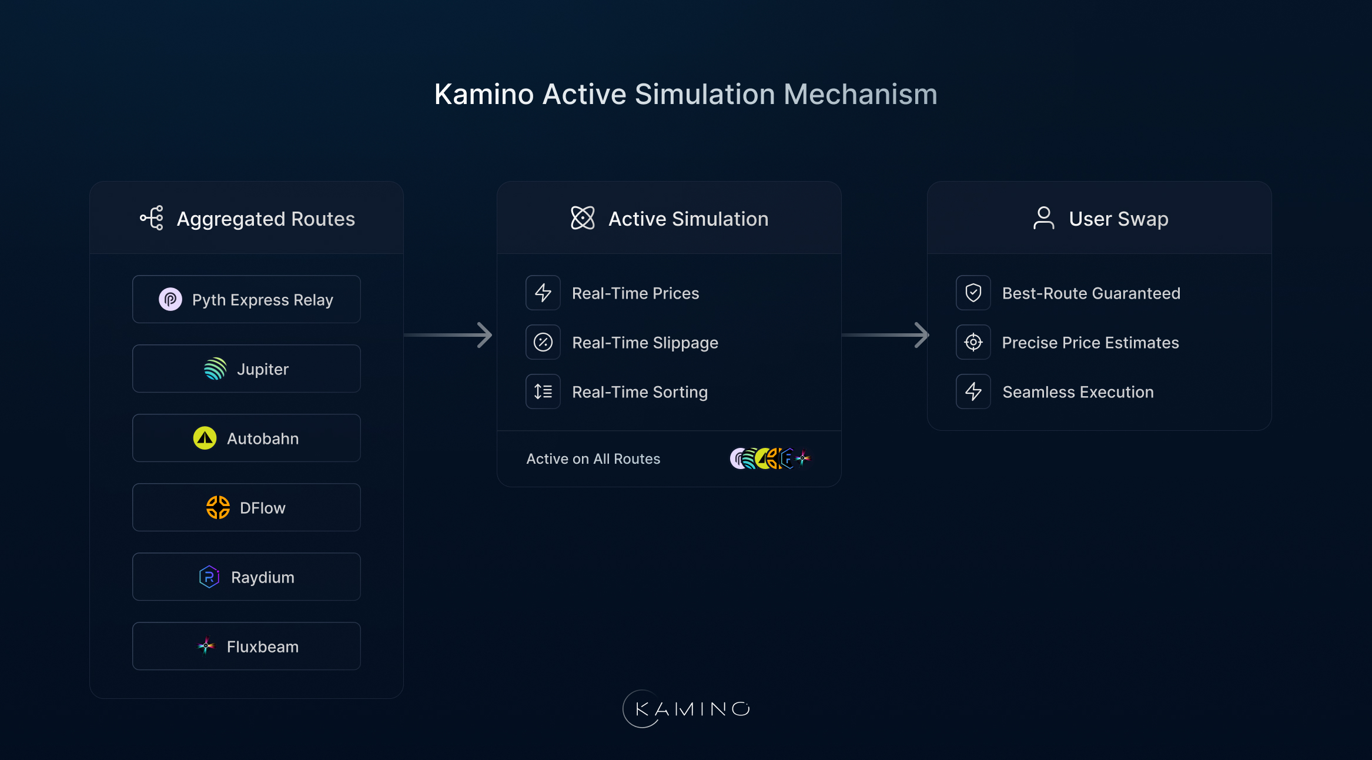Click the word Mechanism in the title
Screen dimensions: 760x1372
click(x=860, y=94)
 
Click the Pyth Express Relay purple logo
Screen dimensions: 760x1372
click(x=170, y=300)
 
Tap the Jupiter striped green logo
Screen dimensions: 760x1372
click(x=215, y=369)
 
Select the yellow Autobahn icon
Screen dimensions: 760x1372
click(x=205, y=438)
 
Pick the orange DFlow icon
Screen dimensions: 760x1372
click(x=217, y=507)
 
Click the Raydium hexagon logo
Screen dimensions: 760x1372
click(x=209, y=577)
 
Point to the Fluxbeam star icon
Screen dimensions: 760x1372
click(x=206, y=646)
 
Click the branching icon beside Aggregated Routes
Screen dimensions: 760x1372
click(x=152, y=218)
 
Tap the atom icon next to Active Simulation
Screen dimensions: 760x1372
click(x=583, y=218)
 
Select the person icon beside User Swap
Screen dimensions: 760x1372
click(x=1043, y=218)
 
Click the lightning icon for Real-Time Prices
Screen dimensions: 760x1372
click(x=543, y=293)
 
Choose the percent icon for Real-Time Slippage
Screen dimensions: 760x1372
click(x=543, y=342)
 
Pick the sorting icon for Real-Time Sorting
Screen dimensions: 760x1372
click(x=543, y=391)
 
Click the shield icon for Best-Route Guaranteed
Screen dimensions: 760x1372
click(x=973, y=293)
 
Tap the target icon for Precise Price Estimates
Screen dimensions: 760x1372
click(x=973, y=342)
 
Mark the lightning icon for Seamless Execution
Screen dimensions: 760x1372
click(x=973, y=391)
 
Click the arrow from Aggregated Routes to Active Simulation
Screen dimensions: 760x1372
click(x=449, y=335)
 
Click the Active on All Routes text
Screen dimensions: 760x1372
click(x=593, y=459)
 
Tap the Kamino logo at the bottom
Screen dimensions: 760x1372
click(x=686, y=709)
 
